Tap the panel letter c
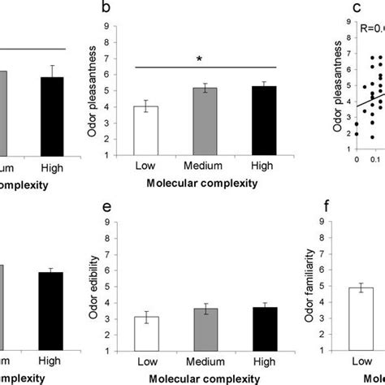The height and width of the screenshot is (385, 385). [x=333, y=10]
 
